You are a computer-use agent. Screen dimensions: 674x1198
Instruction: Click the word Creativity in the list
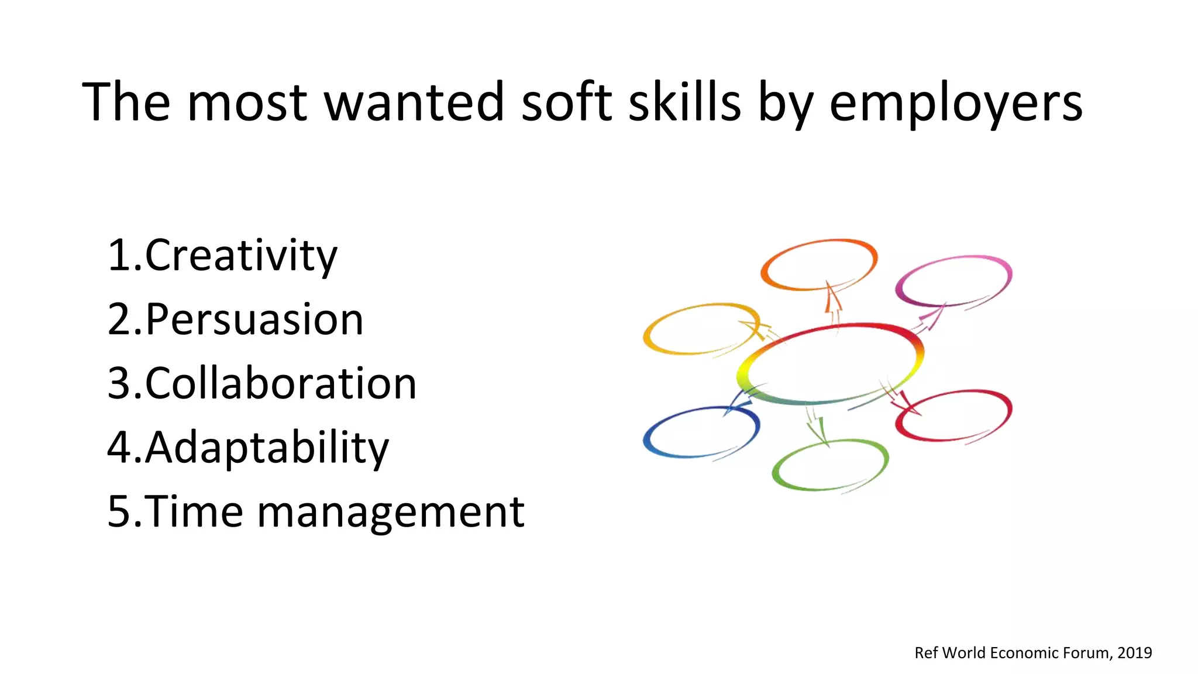click(241, 256)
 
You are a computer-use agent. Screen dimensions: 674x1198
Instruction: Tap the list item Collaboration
click(281, 384)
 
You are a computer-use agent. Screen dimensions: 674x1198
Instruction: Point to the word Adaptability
click(267, 448)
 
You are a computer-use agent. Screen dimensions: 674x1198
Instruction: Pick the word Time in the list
click(193, 512)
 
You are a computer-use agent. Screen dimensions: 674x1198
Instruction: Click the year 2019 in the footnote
click(1134, 653)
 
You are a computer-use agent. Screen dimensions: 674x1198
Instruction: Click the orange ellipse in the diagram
click(819, 264)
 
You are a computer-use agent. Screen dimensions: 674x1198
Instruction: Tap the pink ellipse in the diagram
click(953, 281)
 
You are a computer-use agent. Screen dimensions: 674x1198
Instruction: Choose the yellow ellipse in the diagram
click(701, 329)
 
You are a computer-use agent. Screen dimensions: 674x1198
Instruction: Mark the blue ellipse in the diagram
click(701, 432)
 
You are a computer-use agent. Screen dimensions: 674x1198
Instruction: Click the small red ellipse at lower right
click(953, 415)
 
